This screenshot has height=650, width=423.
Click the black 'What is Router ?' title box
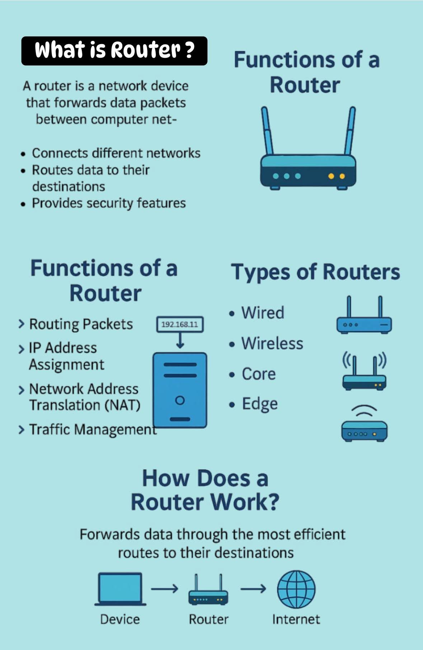click(114, 51)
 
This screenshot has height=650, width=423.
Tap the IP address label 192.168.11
click(180, 325)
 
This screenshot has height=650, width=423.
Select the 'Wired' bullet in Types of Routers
click(262, 313)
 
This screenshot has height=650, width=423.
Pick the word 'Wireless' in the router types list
click(272, 343)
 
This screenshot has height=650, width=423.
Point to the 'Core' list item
click(258, 374)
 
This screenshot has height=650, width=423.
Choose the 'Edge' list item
click(259, 404)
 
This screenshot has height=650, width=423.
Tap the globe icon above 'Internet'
click(296, 589)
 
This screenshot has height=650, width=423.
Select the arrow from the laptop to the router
click(164, 589)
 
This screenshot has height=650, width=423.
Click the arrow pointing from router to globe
click(253, 589)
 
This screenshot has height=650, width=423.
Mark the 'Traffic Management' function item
click(93, 429)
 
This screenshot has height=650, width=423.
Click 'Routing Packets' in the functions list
click(81, 324)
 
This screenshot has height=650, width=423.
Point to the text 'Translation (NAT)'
click(85, 405)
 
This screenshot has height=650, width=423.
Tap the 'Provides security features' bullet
click(109, 203)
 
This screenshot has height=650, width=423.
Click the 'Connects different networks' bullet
click(116, 153)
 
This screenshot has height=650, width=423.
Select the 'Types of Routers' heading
click(315, 272)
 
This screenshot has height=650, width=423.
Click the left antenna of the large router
click(267, 131)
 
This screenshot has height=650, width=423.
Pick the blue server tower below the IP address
click(180, 390)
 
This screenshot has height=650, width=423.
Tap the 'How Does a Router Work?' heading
click(205, 490)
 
